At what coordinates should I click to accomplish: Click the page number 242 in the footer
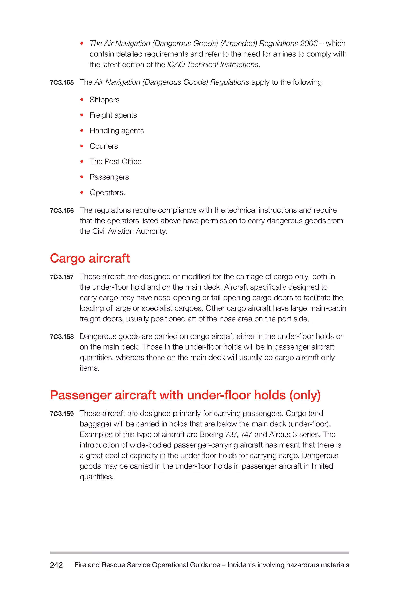point(56,565)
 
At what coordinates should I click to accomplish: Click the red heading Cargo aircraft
point(90,258)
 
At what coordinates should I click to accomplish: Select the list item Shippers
point(105,100)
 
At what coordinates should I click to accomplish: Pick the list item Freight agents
point(113,115)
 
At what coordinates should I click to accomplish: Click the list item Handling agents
point(117,131)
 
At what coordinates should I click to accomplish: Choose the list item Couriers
point(104,146)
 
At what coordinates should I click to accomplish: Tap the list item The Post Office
point(116,162)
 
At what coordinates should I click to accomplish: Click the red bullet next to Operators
point(82,192)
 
